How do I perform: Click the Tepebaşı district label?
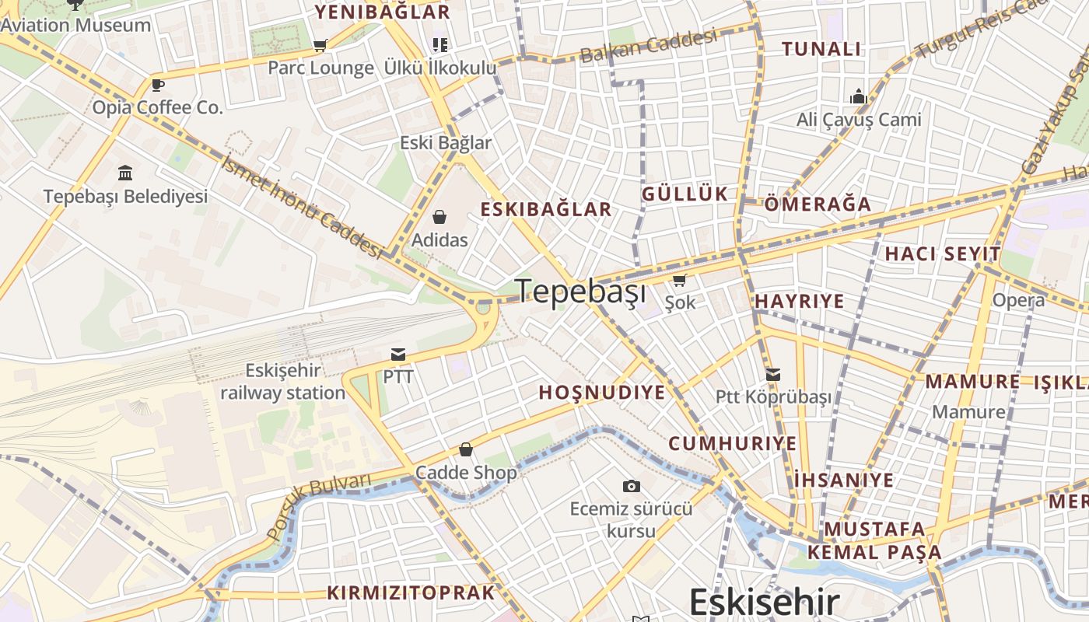[x=581, y=292]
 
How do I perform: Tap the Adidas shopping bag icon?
[x=439, y=216]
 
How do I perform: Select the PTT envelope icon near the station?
[x=398, y=355]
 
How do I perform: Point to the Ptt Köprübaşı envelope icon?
[x=772, y=375]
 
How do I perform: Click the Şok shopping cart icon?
[x=679, y=280]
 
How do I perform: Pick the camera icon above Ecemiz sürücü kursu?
[x=632, y=486]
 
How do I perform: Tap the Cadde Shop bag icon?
[x=466, y=449]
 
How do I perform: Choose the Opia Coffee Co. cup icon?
[x=157, y=85]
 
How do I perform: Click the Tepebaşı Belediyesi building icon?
[x=125, y=173]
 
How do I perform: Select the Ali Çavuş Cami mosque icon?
[x=859, y=96]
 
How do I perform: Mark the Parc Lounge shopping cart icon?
[x=320, y=45]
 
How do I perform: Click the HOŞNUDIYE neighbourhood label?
[x=602, y=393]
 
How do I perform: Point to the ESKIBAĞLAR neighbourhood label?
[x=546, y=209]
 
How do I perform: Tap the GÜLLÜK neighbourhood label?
[x=685, y=194]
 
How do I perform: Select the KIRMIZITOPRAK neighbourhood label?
[x=411, y=592]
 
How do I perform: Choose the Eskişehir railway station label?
[x=282, y=382]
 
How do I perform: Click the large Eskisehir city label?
[x=765, y=603]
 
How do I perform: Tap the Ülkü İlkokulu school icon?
[x=440, y=44]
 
